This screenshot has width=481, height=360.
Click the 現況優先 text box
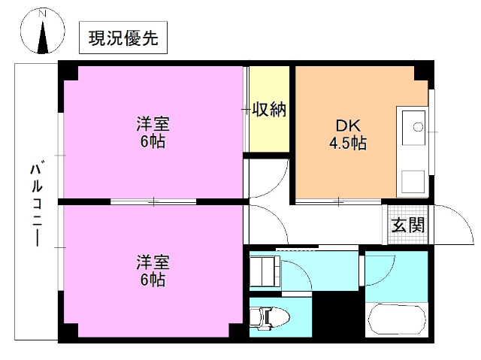pos(123,40)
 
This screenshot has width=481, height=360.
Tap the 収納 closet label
pos(268,110)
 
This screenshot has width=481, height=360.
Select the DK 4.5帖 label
pos(347,134)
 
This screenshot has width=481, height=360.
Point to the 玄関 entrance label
pos(407,225)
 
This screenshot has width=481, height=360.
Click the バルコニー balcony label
pos(35,202)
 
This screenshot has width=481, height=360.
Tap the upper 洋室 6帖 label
pos(153,132)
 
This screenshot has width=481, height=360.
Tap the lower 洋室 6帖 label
pos(153,271)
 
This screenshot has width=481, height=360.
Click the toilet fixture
pos(268,319)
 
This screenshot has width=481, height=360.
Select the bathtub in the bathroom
pos(396,322)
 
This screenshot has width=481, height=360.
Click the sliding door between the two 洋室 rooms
pos(153,201)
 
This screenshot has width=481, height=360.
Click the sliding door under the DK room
pos(338,201)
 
